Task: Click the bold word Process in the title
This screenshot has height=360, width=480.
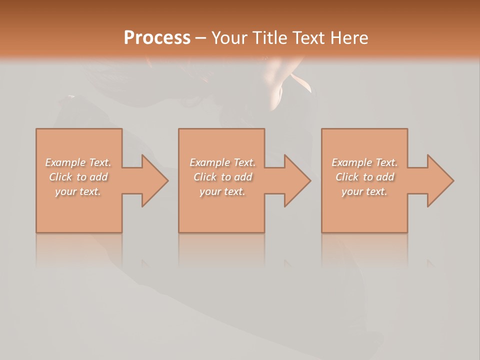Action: point(157,38)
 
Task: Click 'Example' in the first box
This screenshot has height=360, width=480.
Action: point(65,162)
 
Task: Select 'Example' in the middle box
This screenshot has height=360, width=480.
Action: point(209,162)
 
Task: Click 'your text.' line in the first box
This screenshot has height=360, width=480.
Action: point(78,191)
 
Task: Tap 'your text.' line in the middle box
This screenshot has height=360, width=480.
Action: point(222,191)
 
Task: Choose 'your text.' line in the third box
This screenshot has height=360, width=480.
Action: point(364,191)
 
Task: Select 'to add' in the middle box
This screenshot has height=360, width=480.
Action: point(236,177)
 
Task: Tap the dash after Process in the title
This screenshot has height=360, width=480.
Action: point(200,38)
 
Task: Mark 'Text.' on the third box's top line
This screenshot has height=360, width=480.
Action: point(386,162)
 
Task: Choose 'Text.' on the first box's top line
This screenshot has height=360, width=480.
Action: point(99,162)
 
